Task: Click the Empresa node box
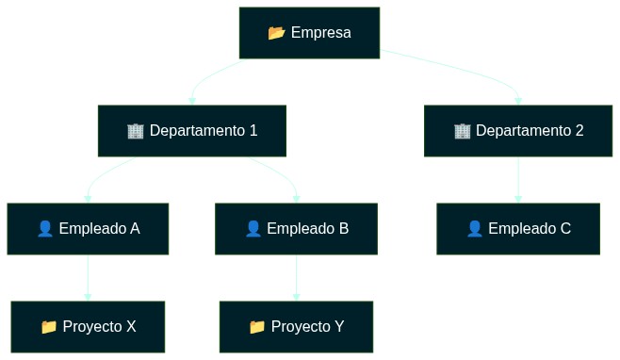pos(309,33)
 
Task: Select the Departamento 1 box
pos(191,131)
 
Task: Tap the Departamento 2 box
pos(517,131)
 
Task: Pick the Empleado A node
pos(88,229)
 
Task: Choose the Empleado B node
pos(296,229)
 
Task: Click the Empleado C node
pos(518,229)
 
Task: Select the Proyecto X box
pos(88,327)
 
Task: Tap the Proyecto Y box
pos(296,327)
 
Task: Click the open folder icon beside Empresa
pos(276,33)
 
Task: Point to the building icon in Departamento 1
pos(135,131)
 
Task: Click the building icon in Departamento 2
pos(462,131)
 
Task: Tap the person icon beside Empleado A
pos(44,229)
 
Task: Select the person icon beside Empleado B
pos(253,229)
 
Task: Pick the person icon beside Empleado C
pos(475,229)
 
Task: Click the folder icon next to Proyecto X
pos(49,327)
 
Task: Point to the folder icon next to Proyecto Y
pos(257,327)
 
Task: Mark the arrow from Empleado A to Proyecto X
pos(88,278)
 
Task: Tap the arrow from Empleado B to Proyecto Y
pos(296,278)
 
